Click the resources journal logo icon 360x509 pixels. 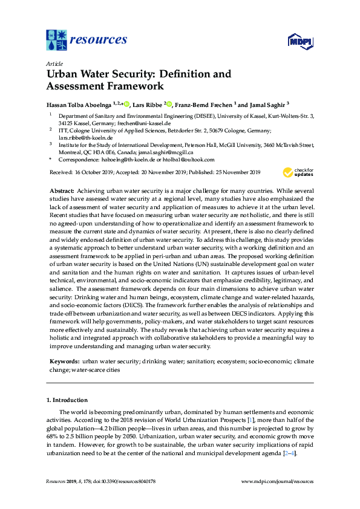[x=56, y=40]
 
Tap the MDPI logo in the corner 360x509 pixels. [x=299, y=41]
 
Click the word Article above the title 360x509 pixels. [x=54, y=63]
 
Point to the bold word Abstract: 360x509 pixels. [x=62, y=190]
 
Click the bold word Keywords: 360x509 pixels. [x=64, y=361]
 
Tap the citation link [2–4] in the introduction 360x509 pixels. [x=290, y=453]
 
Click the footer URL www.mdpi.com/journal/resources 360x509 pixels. [x=277, y=481]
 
